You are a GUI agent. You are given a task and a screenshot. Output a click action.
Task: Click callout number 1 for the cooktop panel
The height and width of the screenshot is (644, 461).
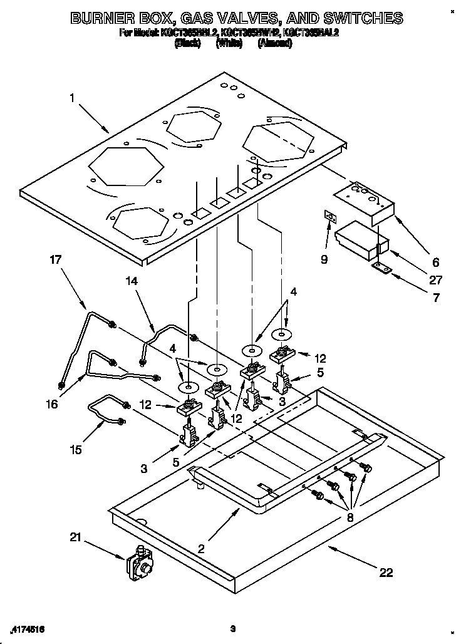tap(73, 98)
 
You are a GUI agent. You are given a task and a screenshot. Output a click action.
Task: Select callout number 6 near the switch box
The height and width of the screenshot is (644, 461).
tap(436, 262)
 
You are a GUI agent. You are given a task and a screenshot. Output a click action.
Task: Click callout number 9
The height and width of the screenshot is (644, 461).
tap(324, 259)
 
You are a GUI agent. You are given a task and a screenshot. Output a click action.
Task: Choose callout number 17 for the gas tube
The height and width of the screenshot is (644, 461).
tap(56, 259)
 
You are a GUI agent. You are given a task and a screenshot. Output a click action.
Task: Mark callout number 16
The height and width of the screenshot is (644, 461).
tap(52, 404)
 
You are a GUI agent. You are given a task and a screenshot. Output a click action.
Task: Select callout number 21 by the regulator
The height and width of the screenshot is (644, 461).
tap(76, 536)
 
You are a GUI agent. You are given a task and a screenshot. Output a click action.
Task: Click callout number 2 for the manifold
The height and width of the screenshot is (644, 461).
tap(201, 549)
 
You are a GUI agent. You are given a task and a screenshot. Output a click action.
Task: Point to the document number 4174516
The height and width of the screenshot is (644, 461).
tap(28, 628)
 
